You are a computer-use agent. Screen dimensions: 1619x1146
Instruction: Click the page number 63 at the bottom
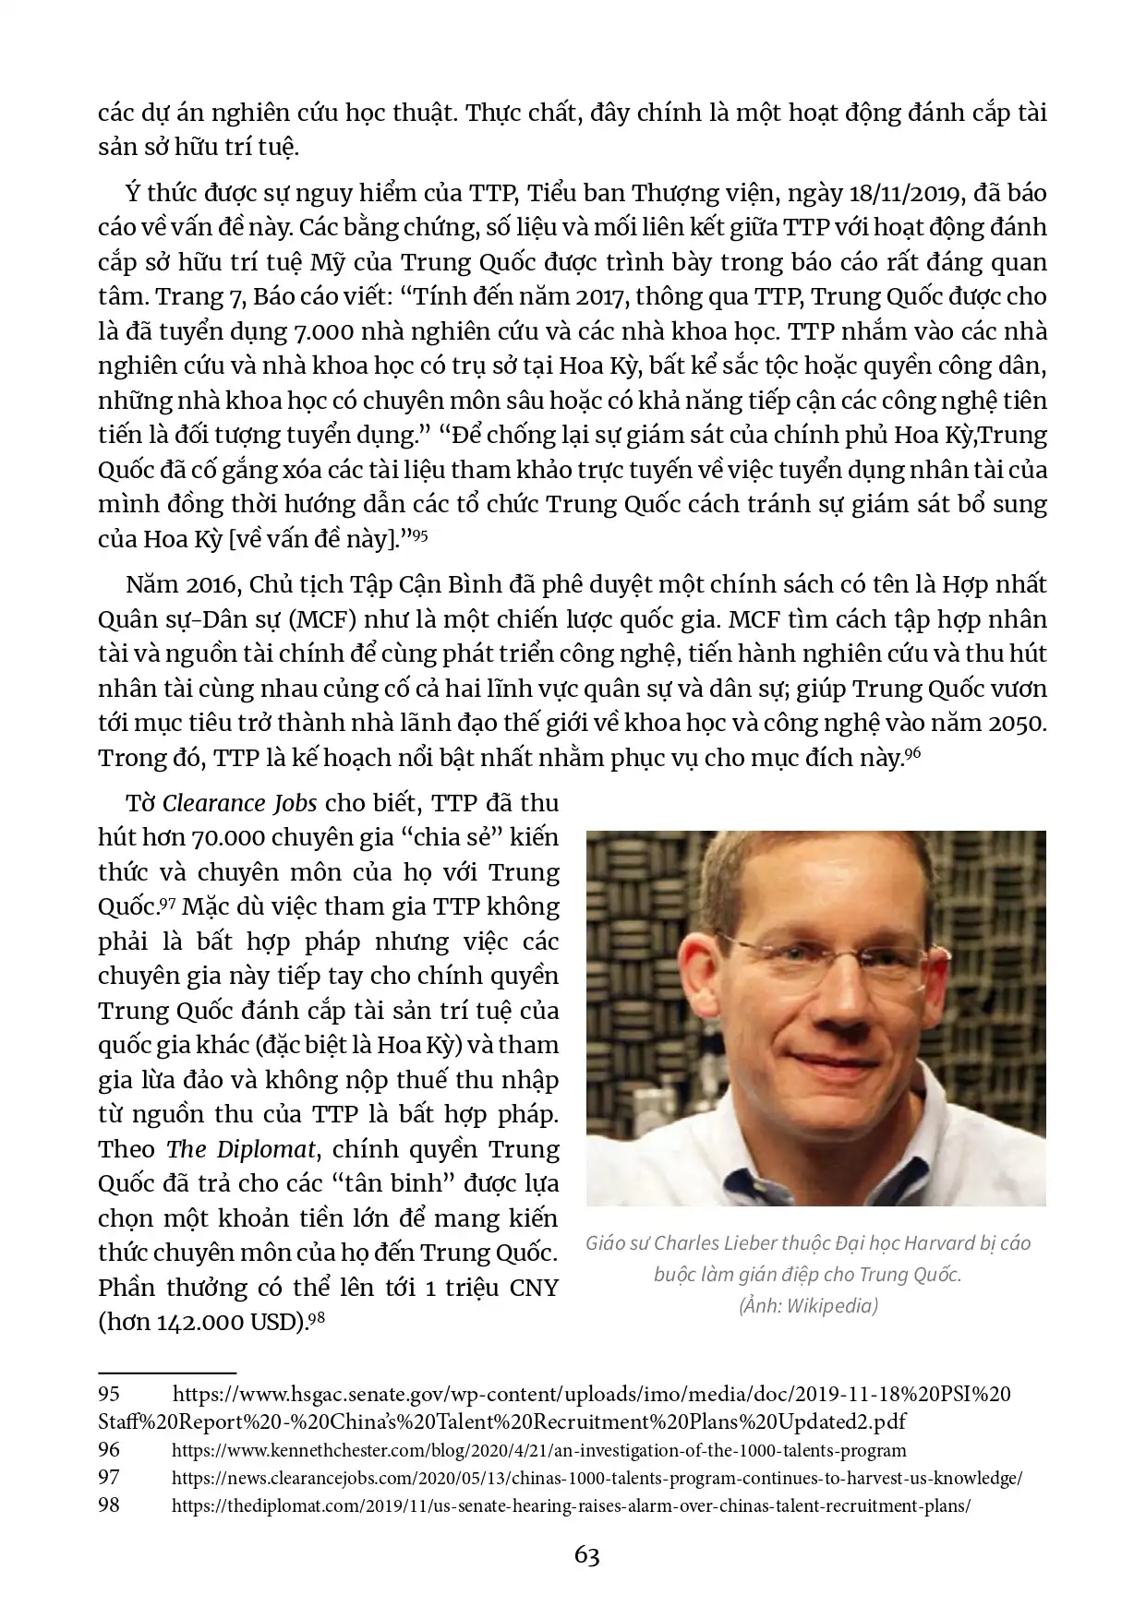(x=586, y=1555)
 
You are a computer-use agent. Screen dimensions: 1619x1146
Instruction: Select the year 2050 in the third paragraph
(x=1017, y=723)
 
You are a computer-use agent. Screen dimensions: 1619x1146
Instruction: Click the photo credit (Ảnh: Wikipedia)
(x=807, y=1306)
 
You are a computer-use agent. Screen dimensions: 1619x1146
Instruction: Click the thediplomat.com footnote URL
(x=571, y=1505)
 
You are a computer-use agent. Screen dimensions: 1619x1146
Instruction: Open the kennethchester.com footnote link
(x=539, y=1450)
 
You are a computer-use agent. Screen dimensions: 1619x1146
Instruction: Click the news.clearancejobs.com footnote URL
(x=597, y=1478)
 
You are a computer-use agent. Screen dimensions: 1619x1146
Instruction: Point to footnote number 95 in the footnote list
(x=109, y=1393)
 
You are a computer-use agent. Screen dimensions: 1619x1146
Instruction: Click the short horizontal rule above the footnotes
(x=167, y=1373)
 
